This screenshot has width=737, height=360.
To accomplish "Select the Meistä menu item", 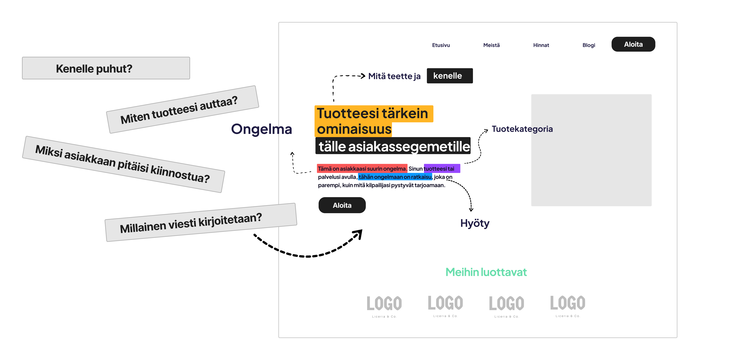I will coord(491,45).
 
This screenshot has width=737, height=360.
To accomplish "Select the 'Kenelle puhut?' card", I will coord(106,68).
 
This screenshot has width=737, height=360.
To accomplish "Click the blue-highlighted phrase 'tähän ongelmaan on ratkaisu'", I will coord(395,177).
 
